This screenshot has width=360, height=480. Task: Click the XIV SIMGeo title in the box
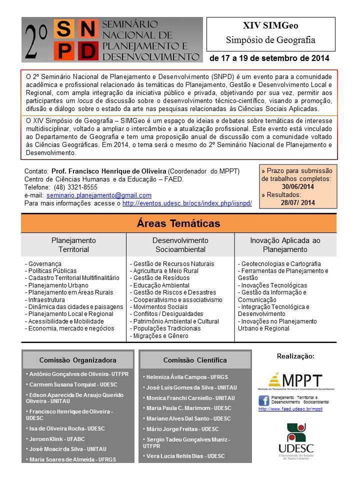270,25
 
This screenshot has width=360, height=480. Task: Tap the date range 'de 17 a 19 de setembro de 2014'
269,58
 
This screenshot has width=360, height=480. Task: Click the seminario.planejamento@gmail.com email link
99,195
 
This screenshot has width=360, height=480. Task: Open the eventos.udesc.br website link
187,203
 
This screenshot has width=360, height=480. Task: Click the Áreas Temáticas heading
178,223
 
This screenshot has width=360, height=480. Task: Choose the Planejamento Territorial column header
73,244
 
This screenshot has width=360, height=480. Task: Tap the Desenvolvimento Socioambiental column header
180,244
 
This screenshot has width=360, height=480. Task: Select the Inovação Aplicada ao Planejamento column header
285,244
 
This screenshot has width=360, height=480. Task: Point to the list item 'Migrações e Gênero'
159,336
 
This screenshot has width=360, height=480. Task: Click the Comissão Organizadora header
77,360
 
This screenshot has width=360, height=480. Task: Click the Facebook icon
264,400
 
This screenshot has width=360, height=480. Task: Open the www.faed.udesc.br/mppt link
290,409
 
